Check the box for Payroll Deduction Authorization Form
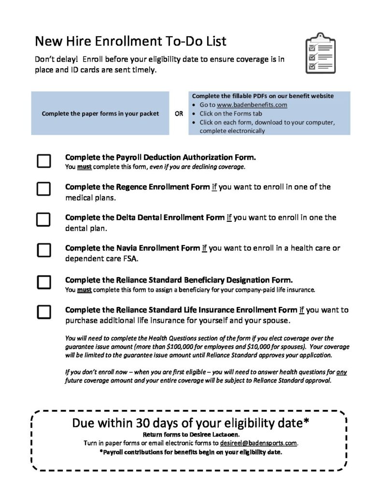click(44, 161)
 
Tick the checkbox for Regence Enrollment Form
click(44, 189)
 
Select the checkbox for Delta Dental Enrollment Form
click(44, 219)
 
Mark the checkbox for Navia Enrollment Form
click(44, 250)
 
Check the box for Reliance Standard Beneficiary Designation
click(44, 282)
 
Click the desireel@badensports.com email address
click(258, 442)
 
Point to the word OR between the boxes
click(179, 114)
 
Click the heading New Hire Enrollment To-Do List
click(130, 41)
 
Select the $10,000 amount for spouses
click(281, 347)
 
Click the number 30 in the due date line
click(144, 423)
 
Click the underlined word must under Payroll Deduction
click(84, 167)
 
